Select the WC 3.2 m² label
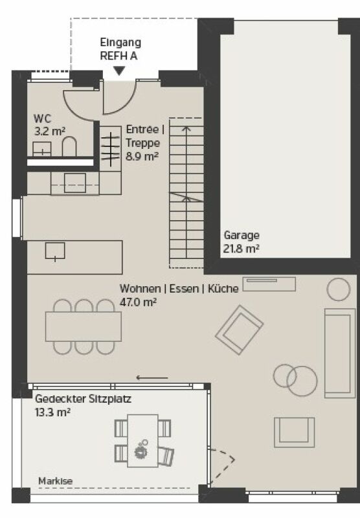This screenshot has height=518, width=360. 49,124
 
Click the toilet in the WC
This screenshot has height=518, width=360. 69,148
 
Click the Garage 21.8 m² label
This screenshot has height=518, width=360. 242,242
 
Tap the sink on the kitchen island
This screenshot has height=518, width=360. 55,251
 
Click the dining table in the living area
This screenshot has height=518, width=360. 84,326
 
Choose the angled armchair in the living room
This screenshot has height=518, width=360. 240,328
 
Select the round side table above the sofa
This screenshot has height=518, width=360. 338,289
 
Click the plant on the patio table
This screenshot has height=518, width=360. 142,448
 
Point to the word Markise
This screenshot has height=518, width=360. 55,481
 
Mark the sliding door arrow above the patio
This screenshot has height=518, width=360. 152,377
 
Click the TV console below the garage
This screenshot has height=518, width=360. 269,283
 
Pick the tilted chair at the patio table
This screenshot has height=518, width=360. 165,456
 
